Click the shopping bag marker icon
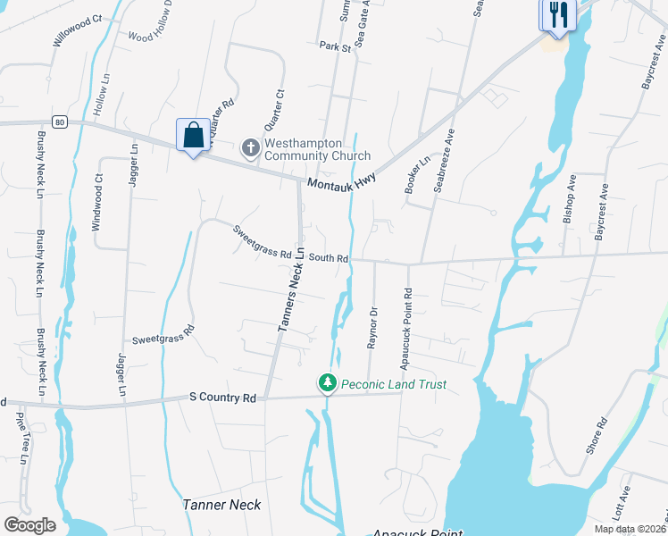[193, 136]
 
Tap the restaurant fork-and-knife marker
[557, 15]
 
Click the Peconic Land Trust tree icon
[328, 383]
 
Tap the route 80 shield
[59, 121]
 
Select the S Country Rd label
[223, 397]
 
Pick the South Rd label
[329, 258]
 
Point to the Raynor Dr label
[373, 328]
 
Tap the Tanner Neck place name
[222, 505]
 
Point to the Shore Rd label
[597, 435]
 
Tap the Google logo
[29, 525]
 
